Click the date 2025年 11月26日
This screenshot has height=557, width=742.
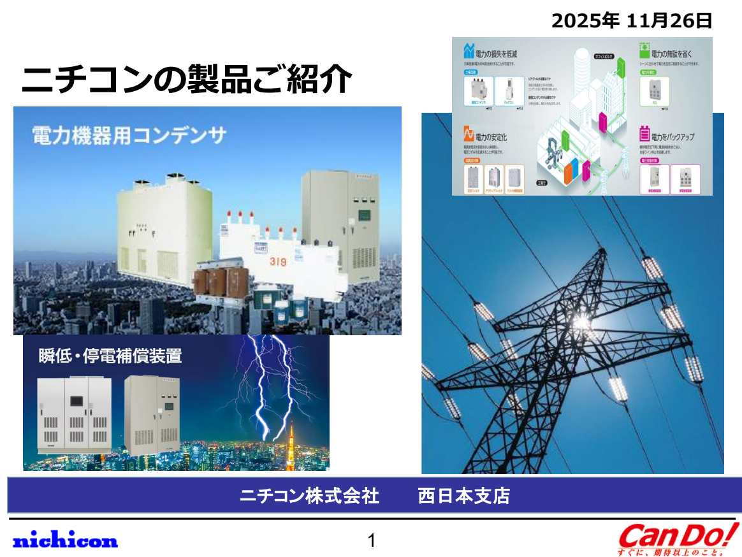631,20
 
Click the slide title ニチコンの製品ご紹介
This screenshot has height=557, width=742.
186,80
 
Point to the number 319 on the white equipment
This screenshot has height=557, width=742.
278,261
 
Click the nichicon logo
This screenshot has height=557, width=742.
65,540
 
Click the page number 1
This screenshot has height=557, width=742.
372,541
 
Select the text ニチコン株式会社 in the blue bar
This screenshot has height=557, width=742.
309,496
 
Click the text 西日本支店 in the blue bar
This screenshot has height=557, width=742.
463,496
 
